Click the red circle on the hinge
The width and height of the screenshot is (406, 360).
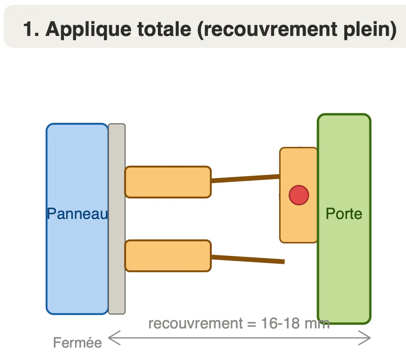coord(298,195)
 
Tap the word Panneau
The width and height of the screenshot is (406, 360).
coord(78,214)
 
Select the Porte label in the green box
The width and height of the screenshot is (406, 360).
coord(344,214)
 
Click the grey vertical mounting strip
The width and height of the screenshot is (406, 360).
coord(117,219)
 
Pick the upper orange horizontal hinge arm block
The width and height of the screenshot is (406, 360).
coord(168,182)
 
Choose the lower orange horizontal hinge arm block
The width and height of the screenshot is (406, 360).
coord(168,256)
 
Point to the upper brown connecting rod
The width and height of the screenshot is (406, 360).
coord(246,179)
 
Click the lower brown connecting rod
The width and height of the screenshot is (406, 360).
coord(248,260)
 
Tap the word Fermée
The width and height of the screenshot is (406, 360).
coord(77,343)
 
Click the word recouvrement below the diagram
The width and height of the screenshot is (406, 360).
coord(196,323)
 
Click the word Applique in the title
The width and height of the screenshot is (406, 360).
coord(88,30)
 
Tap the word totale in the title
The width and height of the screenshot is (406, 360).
coord(164,29)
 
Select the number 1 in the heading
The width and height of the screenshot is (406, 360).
coord(28,29)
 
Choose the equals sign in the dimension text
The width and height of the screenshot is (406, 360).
coord(252,324)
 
